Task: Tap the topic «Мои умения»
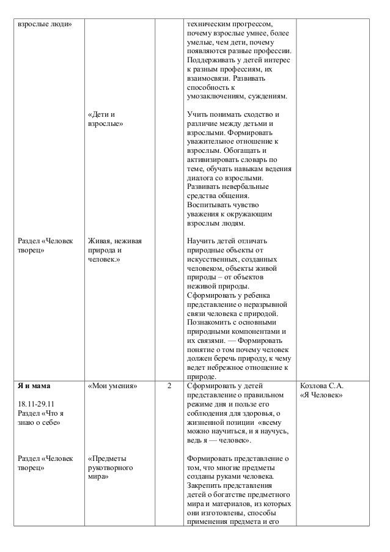click(112, 386)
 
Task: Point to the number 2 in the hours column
click(170, 386)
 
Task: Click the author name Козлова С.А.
click(321, 386)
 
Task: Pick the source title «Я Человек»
click(321, 396)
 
